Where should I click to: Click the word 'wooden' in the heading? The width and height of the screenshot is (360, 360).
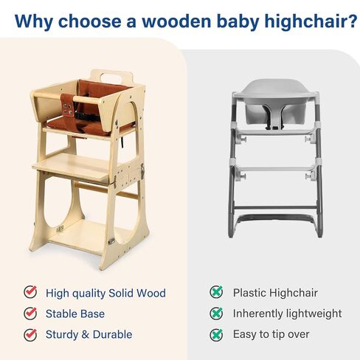[176, 21]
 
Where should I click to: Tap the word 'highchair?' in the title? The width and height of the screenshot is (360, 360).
[311, 22]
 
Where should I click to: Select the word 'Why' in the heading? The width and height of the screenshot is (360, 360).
[34, 22]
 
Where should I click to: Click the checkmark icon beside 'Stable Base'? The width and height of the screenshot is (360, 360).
[30, 314]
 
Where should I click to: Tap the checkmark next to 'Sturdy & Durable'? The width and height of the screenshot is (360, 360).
[30, 334]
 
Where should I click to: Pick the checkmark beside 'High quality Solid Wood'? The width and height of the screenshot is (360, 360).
[30, 292]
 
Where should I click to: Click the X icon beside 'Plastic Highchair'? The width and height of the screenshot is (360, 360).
[216, 292]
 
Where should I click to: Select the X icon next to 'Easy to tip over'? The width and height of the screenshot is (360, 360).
[216, 334]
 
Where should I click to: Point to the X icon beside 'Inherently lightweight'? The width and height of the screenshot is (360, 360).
[216, 314]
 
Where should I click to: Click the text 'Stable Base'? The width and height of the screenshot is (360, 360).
[75, 314]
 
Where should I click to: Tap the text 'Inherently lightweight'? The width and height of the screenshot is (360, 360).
[287, 314]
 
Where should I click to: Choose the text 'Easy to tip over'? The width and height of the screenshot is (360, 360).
[271, 335]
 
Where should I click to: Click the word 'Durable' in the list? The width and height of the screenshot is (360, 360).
[112, 335]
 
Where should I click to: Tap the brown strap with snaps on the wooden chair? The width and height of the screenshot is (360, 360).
[67, 105]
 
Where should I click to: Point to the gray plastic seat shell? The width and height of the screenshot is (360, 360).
[275, 102]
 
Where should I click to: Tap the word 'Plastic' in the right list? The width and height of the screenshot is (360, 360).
[249, 293]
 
